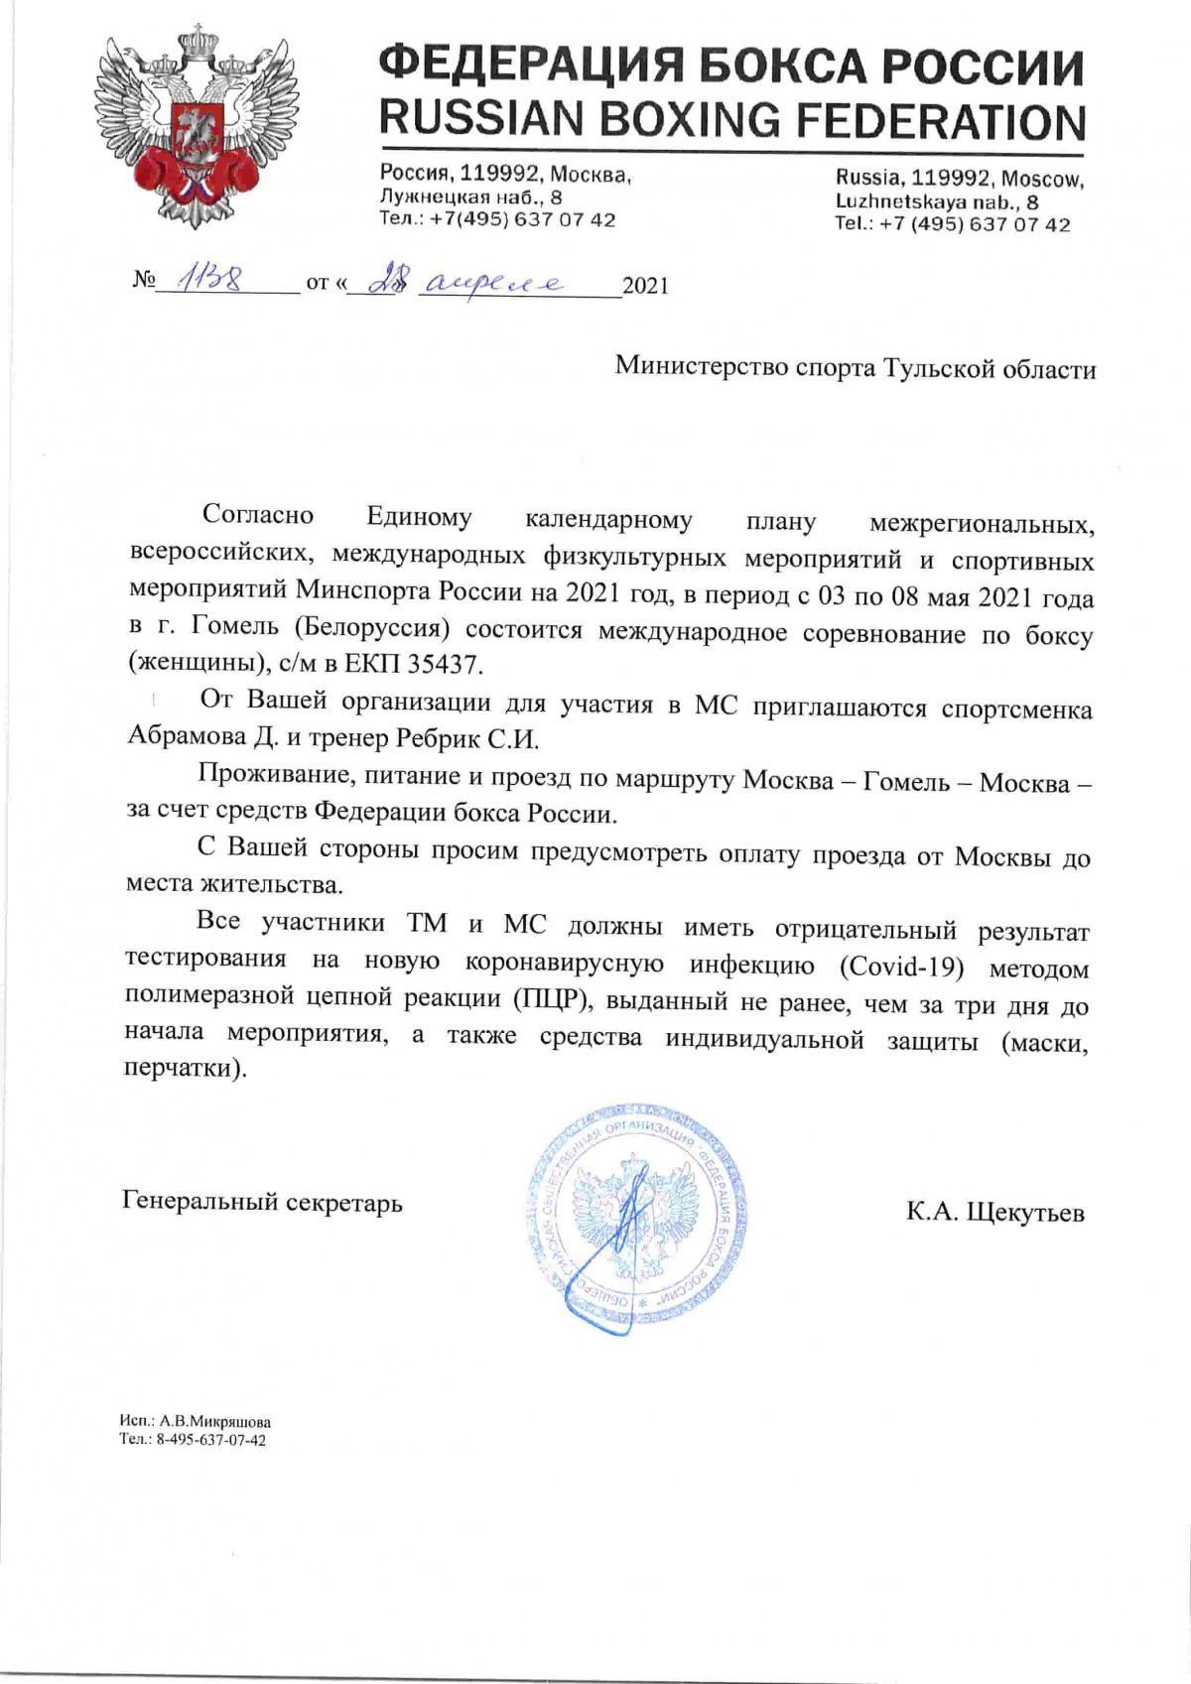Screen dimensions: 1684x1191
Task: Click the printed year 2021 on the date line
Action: [645, 287]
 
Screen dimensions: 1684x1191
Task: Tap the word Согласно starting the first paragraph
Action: [257, 516]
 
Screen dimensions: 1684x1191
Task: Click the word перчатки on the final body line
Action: [184, 1071]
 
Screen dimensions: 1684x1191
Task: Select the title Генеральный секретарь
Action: [262, 1203]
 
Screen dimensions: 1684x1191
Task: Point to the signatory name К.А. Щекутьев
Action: [994, 1212]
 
